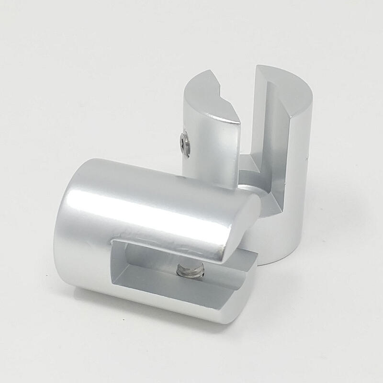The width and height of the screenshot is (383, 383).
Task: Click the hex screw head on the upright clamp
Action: click(x=184, y=144)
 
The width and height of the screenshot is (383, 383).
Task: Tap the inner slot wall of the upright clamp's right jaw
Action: click(x=275, y=144)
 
